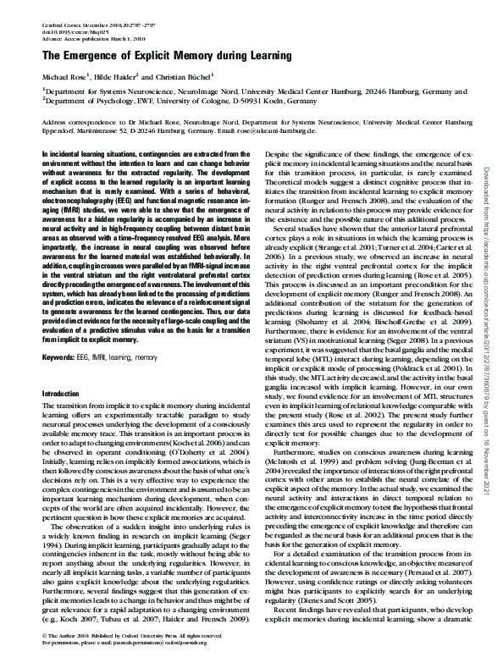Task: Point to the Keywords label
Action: point(56,359)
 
